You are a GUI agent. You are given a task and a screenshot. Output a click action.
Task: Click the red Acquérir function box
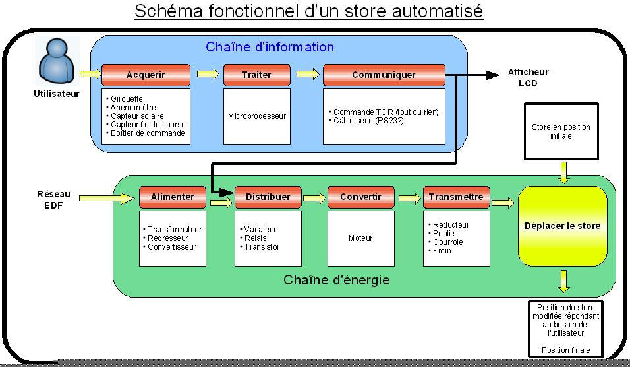pos(146,75)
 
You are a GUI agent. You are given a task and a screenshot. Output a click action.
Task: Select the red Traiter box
pos(257,75)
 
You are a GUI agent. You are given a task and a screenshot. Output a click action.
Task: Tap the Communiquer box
pos(384,75)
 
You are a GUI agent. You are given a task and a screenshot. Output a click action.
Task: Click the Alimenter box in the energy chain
pos(173,197)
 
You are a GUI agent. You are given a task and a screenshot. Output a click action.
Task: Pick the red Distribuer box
pos(268,197)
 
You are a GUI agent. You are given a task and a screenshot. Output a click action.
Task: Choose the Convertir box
pos(361,197)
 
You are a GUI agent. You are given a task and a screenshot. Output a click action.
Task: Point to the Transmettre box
pos(457,197)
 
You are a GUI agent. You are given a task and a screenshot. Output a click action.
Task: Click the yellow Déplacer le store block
pos(563,226)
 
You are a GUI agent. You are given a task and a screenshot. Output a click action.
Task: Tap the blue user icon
pos(57,61)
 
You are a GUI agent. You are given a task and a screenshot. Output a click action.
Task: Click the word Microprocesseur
pos(257,116)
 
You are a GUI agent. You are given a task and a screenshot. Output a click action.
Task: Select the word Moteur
pos(360,238)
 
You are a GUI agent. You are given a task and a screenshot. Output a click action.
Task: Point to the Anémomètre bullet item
pos(131,108)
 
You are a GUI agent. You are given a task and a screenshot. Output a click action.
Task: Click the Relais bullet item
pos(253,238)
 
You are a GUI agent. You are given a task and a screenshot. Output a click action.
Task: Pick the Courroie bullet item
pos(445,242)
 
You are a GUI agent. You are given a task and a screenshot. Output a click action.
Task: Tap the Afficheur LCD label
pos(528,78)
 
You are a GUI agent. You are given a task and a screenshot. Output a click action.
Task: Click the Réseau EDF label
pos(53,199)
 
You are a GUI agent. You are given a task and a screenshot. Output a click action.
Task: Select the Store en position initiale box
pos(561,131)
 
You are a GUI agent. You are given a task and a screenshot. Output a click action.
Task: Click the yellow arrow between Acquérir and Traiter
pos(208,74)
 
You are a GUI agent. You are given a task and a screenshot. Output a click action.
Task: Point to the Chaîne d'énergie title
pos(337,280)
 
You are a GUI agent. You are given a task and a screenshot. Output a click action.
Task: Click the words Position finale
pos(565,350)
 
